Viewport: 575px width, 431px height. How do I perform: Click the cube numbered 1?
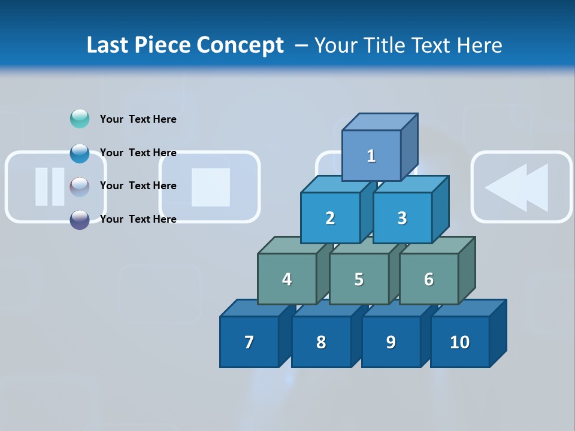(x=371, y=156)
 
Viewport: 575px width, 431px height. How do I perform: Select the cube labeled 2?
(x=330, y=218)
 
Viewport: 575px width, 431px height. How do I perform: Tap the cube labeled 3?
(x=402, y=218)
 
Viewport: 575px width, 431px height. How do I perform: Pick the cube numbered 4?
(x=287, y=279)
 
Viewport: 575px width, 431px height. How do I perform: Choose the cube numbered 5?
(x=359, y=279)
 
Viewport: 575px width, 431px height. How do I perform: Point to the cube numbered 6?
(x=429, y=279)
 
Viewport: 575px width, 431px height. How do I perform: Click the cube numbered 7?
(x=249, y=342)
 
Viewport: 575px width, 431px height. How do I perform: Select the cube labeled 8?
(x=321, y=342)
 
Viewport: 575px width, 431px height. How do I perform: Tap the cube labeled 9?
(x=391, y=342)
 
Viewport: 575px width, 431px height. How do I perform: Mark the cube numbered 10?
(x=460, y=342)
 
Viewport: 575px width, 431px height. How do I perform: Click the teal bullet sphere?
(x=80, y=119)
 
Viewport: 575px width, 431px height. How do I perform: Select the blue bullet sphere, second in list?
(x=80, y=153)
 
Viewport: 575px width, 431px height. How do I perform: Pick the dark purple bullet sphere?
(x=80, y=219)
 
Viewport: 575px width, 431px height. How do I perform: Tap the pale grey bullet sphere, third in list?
(x=80, y=186)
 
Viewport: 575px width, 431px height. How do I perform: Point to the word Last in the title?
(x=108, y=45)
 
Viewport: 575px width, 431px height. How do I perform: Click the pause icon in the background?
(x=50, y=187)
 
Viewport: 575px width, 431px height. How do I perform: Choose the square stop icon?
(x=210, y=187)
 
